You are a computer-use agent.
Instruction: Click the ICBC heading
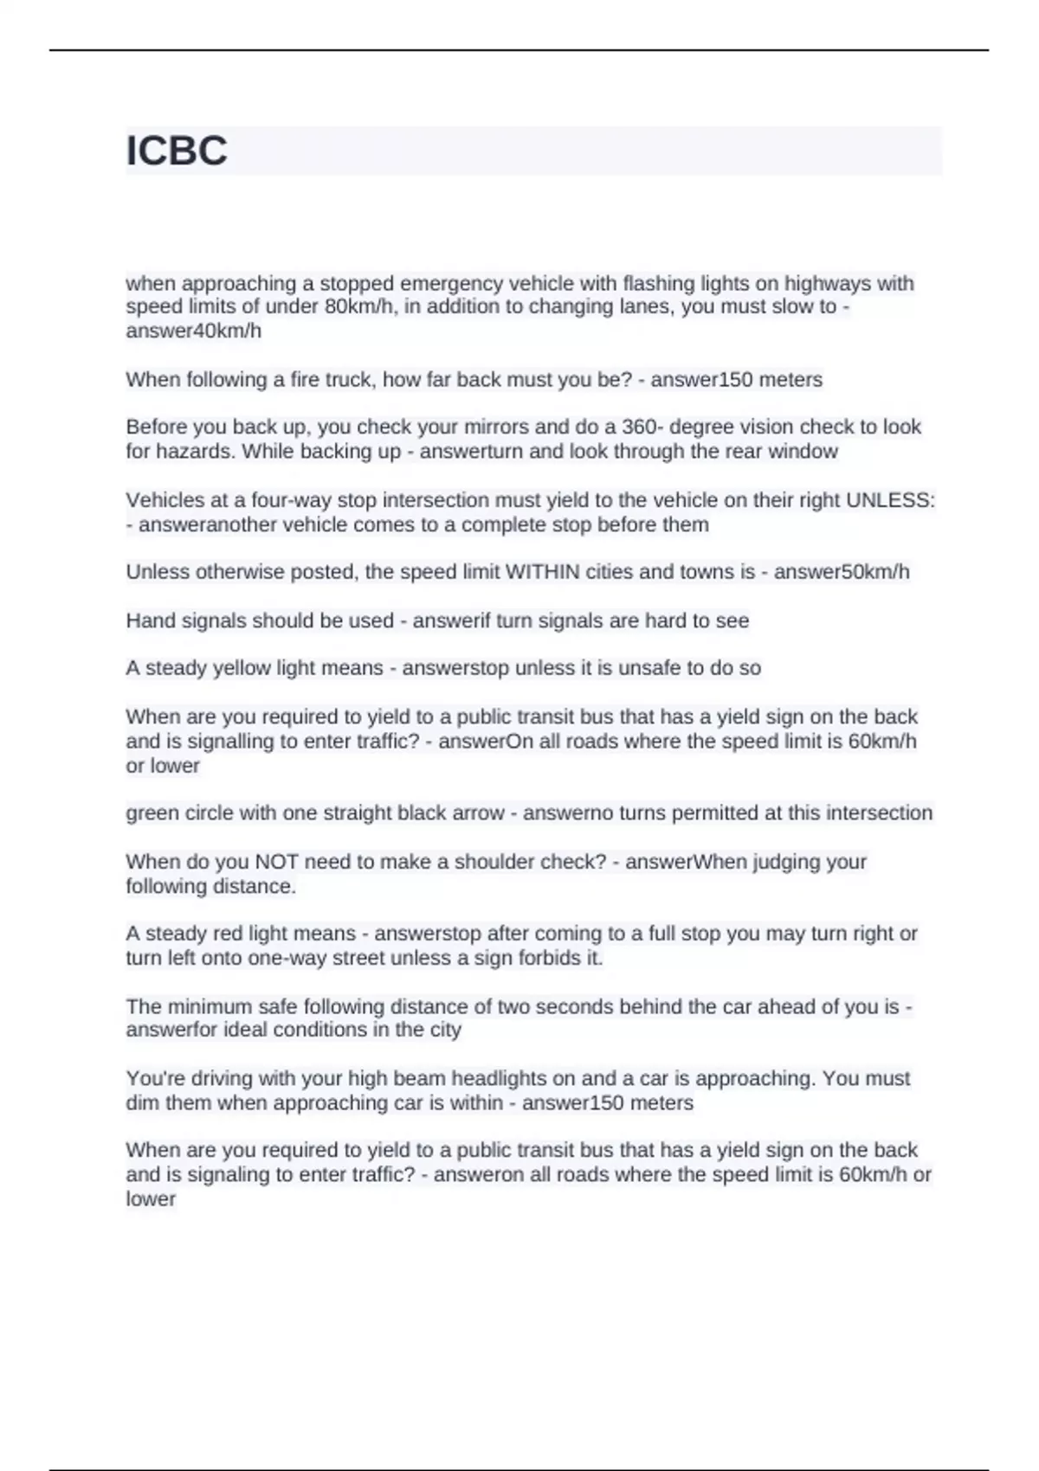tap(177, 151)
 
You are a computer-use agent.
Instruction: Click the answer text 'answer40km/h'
tap(193, 331)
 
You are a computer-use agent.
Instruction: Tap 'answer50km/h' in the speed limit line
tap(841, 572)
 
